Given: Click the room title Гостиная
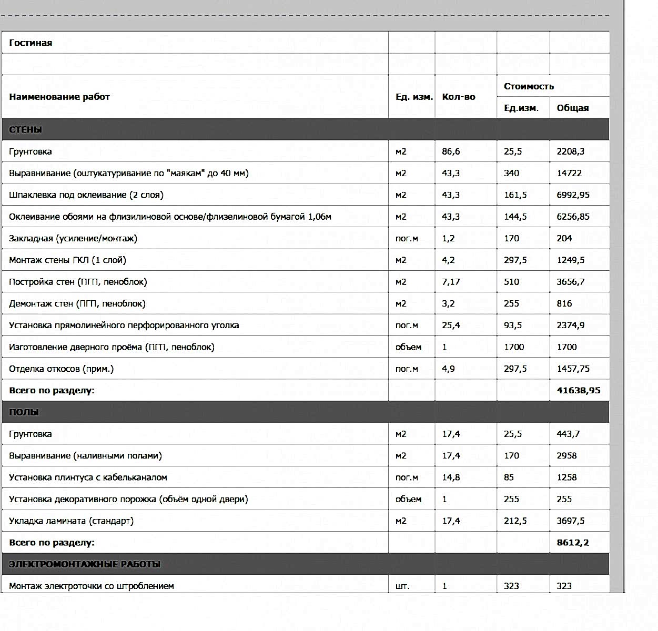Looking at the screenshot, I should (31, 43).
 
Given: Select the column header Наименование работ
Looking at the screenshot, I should (59, 97).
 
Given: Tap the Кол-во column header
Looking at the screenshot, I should (458, 97).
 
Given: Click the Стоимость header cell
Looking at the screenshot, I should (529, 86).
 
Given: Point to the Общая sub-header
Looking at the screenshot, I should (572, 108).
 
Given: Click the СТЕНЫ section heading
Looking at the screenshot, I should (25, 130).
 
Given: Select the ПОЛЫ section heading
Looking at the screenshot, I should (24, 412).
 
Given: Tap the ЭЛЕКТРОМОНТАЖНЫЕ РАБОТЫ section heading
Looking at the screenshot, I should (85, 564).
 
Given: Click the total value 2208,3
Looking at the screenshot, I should (570, 151).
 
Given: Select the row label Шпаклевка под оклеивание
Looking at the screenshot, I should (86, 195).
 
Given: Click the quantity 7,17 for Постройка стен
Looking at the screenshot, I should (451, 282).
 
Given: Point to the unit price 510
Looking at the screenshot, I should (511, 282).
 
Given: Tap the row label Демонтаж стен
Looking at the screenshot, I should (77, 303).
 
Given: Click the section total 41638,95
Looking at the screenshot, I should (578, 391).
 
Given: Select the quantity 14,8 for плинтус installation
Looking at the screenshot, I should (451, 477).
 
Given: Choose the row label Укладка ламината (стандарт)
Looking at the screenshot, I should (71, 521).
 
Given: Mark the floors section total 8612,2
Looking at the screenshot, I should (572, 543).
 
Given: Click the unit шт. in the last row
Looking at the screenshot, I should (402, 586).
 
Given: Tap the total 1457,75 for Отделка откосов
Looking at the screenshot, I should (573, 369).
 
